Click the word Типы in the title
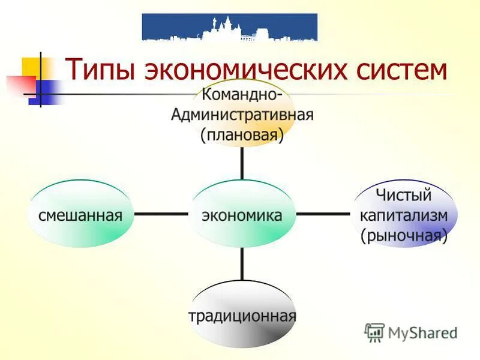[100, 70]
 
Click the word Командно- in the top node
[242, 95]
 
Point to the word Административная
[242, 115]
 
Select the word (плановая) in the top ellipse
[242, 135]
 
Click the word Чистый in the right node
[404, 194]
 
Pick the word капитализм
[404, 215]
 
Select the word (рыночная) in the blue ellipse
[404, 236]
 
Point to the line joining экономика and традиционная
[242, 264]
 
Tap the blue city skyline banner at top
[230, 27]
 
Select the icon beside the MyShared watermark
[374, 332]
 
